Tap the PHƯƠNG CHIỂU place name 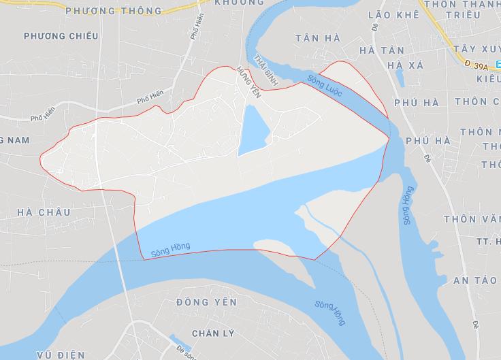click(60, 35)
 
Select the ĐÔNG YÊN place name click(206, 301)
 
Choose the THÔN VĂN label click(472, 219)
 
